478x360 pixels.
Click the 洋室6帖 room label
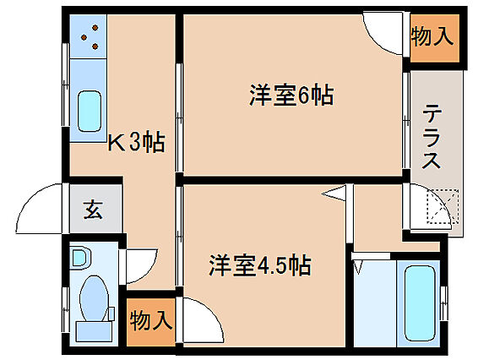pyautogui.click(x=291, y=95)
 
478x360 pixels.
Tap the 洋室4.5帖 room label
pyautogui.click(x=260, y=265)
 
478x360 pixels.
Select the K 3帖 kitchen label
pyautogui.click(x=137, y=142)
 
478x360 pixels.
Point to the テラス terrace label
pyautogui.click(x=432, y=136)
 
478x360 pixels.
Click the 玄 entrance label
pyautogui.click(x=93, y=210)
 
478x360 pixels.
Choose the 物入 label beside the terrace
pyautogui.click(x=431, y=36)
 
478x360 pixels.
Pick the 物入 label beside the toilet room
pyautogui.click(x=151, y=320)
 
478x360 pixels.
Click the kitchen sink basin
pyautogui.click(x=89, y=111)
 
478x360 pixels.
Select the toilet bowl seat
pyautogui.click(x=94, y=298)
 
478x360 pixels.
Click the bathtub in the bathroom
pyautogui.click(x=420, y=303)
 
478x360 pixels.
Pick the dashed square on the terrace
pyautogui.click(x=443, y=206)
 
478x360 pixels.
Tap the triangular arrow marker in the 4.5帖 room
pyautogui.click(x=334, y=194)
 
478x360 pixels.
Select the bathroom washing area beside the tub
pyautogui.click(x=375, y=303)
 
